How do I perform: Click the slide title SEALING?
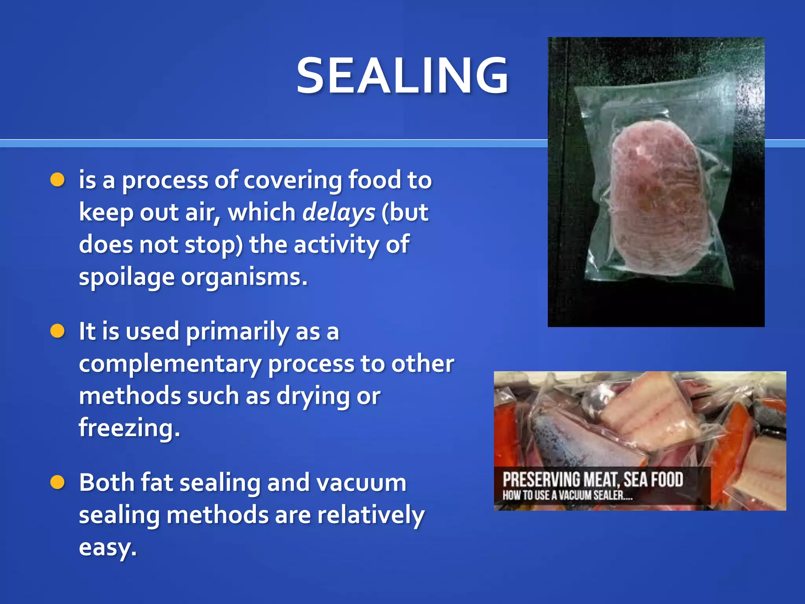[402, 75]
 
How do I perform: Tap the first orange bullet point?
[57, 180]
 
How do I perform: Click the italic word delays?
[339, 213]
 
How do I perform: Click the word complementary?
[170, 364]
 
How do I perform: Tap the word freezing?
[129, 428]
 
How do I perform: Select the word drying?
[312, 396]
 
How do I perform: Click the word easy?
[107, 547]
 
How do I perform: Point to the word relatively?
[371, 515]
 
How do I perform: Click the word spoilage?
[127, 278]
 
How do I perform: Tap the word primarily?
[237, 332]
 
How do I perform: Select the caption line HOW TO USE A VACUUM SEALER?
[568, 495]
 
